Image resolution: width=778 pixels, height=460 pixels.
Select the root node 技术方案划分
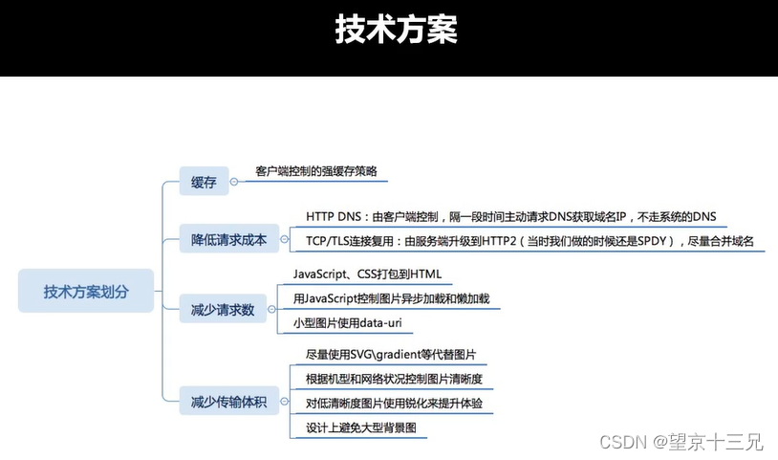(86, 291)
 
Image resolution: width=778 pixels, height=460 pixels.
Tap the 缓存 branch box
(204, 183)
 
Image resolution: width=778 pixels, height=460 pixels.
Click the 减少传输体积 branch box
(229, 400)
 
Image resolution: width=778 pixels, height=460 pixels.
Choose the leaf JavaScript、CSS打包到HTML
(367, 274)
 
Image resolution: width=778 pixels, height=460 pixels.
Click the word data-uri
(386, 324)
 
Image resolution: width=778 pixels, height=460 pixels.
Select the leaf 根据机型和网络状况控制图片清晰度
(394, 380)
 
